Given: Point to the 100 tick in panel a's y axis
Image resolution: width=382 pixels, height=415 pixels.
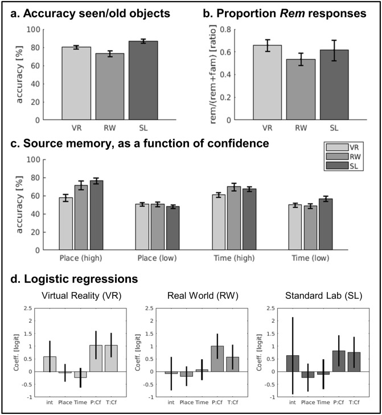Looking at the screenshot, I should [x=36, y=30].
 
